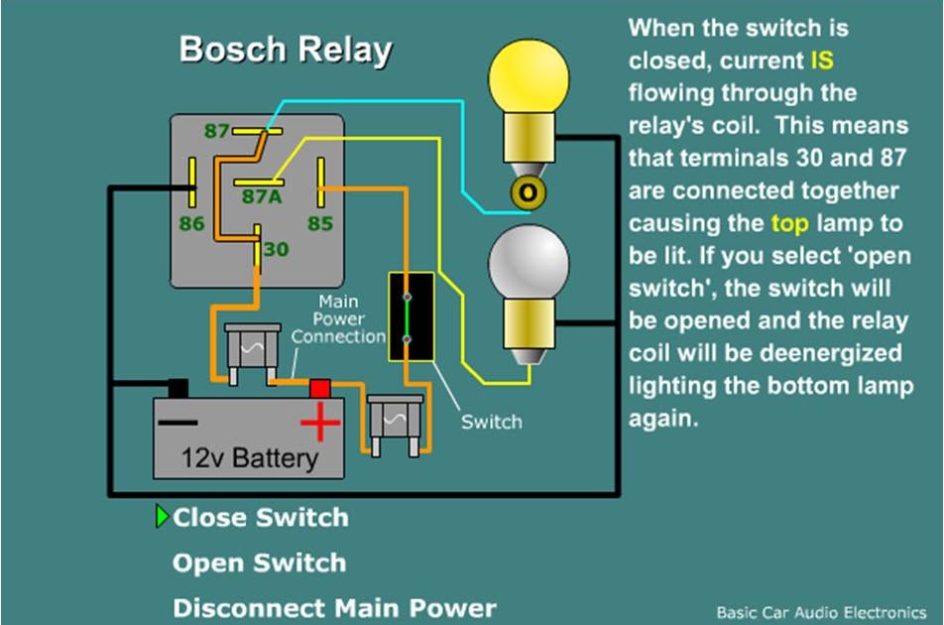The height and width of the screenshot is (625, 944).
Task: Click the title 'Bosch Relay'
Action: pos(286,51)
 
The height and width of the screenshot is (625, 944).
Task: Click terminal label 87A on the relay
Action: pos(262,196)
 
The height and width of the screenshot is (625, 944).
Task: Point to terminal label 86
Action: pos(192,223)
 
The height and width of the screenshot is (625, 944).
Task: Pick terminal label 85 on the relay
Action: pos(319,223)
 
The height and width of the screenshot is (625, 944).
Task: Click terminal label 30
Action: pos(277,250)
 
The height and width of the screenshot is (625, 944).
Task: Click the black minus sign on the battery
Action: pos(177,422)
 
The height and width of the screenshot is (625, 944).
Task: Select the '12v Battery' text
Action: pos(249,458)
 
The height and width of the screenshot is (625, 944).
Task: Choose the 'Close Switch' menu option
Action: pos(260,517)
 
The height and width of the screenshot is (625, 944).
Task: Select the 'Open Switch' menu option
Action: pos(259,562)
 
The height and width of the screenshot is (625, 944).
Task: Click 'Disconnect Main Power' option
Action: pos(334,607)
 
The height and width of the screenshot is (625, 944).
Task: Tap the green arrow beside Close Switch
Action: pos(163,516)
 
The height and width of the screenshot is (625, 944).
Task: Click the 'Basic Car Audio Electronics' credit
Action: pos(822,612)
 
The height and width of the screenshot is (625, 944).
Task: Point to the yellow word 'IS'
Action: pos(821,61)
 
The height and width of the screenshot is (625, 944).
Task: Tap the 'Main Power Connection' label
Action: pos(338,318)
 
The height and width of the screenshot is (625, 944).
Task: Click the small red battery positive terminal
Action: pos(319,388)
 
